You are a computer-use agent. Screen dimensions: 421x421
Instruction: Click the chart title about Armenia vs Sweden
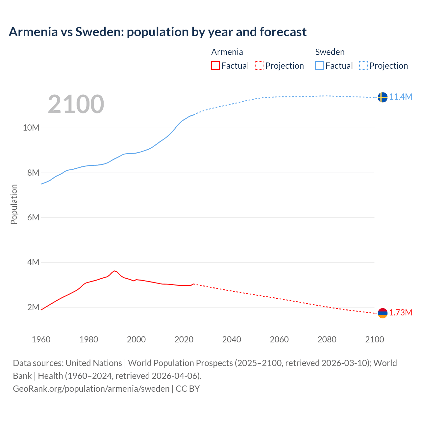click(x=158, y=32)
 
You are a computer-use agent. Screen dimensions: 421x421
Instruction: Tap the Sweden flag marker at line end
click(x=382, y=97)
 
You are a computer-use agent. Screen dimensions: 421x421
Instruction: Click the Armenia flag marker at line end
click(x=382, y=313)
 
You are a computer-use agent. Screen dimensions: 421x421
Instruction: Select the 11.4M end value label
click(x=401, y=97)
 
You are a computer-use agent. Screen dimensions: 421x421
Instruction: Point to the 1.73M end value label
click(x=401, y=312)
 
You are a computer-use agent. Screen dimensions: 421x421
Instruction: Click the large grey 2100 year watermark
click(x=76, y=104)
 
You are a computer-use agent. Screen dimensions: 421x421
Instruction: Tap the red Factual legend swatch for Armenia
click(x=215, y=66)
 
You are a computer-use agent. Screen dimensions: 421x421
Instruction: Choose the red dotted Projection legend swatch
click(x=259, y=66)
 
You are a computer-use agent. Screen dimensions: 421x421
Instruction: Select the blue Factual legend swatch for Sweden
click(x=319, y=66)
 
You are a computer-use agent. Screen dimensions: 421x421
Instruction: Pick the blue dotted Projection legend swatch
click(x=363, y=66)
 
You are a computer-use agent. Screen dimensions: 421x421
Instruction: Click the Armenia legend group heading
click(x=227, y=52)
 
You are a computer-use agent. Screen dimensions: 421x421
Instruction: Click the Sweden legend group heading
click(x=330, y=52)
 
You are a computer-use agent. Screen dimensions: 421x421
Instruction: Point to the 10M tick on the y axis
click(x=31, y=128)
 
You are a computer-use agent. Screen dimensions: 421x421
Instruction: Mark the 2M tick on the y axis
click(x=33, y=307)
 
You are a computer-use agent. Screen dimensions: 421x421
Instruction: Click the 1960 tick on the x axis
click(x=41, y=339)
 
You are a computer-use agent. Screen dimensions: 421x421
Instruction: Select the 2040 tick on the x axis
click(x=232, y=339)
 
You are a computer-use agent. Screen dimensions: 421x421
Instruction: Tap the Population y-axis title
click(x=14, y=204)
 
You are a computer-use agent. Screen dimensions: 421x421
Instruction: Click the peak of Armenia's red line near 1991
click(x=114, y=271)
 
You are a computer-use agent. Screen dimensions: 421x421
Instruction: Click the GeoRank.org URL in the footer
click(x=91, y=389)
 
